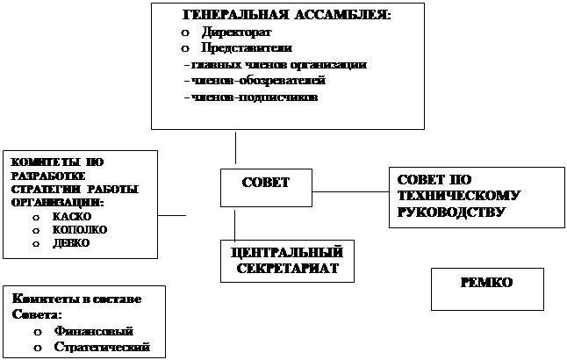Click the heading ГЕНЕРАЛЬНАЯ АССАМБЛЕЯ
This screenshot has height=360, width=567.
(x=286, y=16)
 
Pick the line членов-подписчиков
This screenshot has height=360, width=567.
(x=254, y=97)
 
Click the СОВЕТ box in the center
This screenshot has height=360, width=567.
(x=265, y=182)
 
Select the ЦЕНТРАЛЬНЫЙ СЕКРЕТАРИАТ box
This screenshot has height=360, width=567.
(x=286, y=261)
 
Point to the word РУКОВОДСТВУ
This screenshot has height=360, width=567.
(x=450, y=212)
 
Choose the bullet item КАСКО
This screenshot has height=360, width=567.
(x=66, y=215)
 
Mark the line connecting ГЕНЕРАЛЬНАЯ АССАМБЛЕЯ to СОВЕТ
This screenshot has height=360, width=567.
(x=235, y=148)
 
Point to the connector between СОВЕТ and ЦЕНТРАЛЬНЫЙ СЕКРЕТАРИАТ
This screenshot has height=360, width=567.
(x=235, y=226)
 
